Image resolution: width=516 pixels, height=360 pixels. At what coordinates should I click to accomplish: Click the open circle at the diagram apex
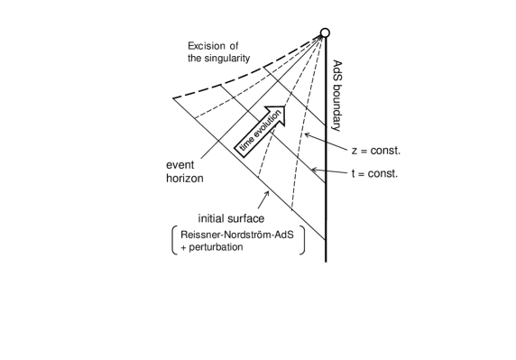pyautogui.click(x=325, y=33)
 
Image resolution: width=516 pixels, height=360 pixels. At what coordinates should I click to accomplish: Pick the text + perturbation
pyautogui.click(x=211, y=246)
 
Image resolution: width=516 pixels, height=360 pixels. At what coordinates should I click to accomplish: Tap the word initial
pyautogui.click(x=213, y=218)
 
